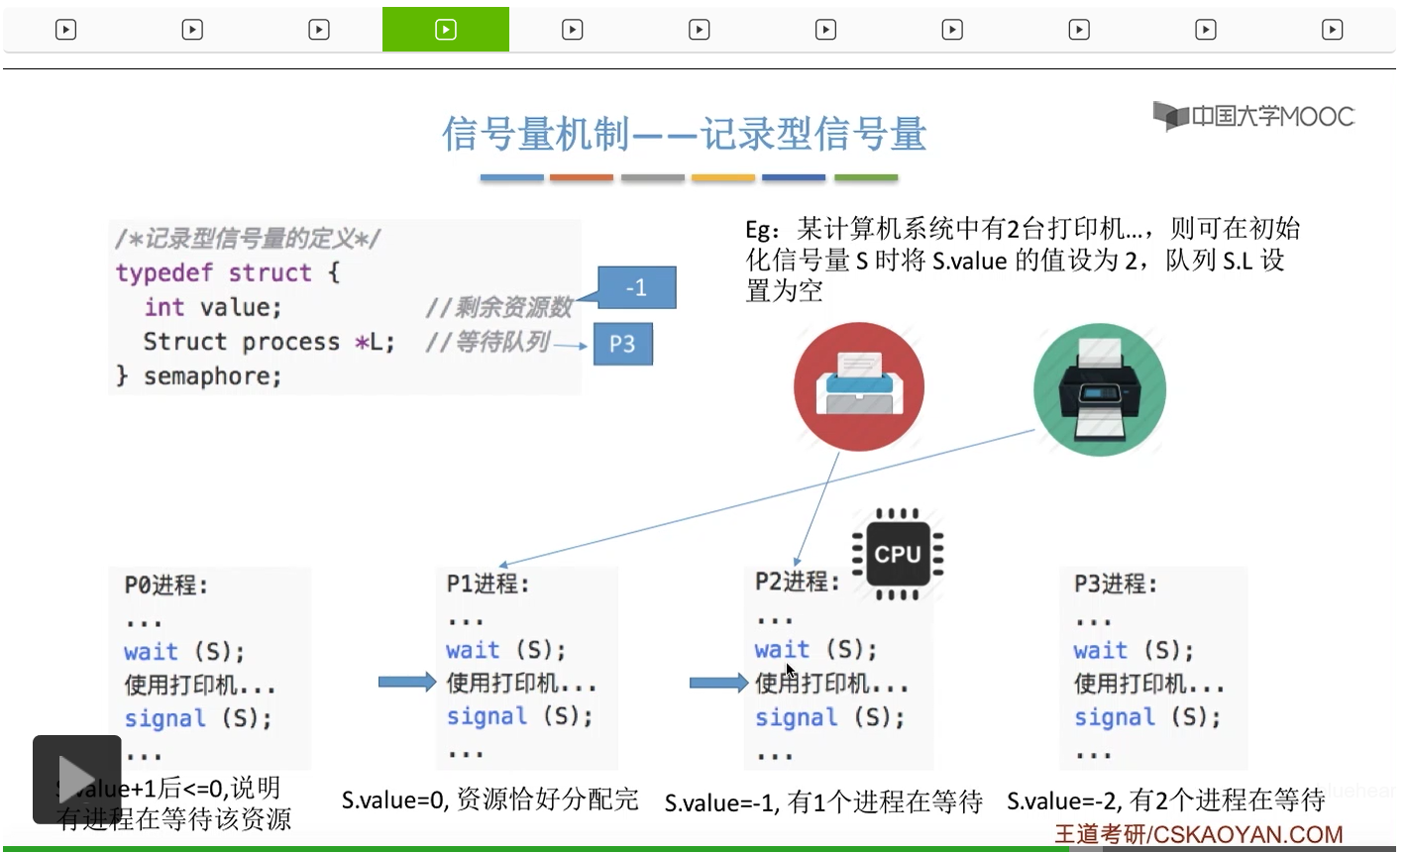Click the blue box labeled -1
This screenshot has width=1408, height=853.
coord(636,287)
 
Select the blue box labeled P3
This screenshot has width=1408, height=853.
coord(622,344)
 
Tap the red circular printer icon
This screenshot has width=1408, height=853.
coord(858,387)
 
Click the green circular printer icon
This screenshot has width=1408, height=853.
coord(1099,388)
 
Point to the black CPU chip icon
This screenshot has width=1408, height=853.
coord(898,554)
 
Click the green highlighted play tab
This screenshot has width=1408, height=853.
coord(446,30)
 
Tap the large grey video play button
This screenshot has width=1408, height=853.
coord(76,779)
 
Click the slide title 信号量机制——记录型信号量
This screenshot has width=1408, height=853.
coord(684,134)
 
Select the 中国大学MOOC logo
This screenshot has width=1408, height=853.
coord(1253,117)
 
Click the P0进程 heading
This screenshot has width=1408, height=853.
coord(166,586)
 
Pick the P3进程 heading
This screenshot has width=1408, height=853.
coord(1116,585)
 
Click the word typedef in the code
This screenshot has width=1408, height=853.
coord(163,272)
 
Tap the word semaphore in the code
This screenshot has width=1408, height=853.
coord(212,376)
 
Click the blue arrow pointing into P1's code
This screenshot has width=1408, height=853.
coord(406,682)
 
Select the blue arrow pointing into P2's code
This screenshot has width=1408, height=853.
coord(717,683)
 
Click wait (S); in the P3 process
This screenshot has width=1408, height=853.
coord(1134,651)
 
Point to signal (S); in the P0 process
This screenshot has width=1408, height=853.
coord(197,718)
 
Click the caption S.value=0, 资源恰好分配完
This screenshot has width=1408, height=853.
coord(490,800)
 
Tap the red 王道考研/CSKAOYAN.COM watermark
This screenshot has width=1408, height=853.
coord(1198,834)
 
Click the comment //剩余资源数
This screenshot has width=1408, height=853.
coord(499,308)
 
